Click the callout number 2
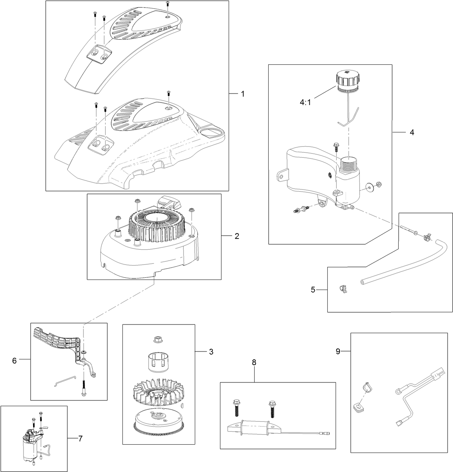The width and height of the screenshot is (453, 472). tap(237, 236)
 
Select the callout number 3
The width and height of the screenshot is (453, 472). tap(211, 351)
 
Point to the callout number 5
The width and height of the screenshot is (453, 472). tap(313, 289)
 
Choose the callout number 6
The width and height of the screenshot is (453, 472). tap(14, 360)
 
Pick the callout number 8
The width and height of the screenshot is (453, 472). tap(254, 363)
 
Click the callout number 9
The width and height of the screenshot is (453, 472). tap(338, 351)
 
